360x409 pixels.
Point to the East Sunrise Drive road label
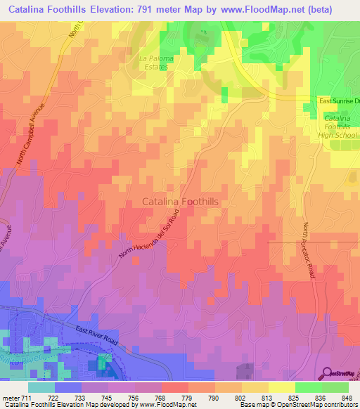[x=339, y=101]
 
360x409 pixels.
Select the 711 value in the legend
[x=26, y=398]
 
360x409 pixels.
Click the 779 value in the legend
[x=188, y=398]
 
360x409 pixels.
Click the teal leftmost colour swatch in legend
[x=41, y=387]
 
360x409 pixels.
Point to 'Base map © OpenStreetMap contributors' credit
[x=297, y=405]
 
